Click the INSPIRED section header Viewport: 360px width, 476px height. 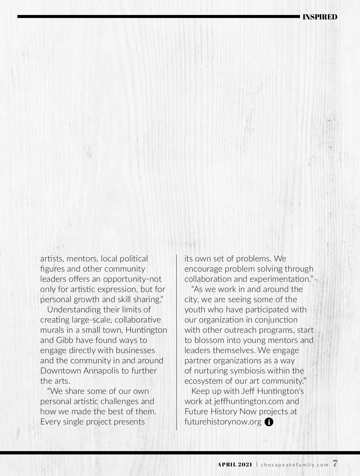320,17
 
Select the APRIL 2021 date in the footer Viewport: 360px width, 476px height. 235,465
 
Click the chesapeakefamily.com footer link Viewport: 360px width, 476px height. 295,465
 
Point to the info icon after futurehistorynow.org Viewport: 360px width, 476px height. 269,422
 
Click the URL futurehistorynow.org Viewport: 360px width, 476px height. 223,422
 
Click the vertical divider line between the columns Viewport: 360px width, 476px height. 177,342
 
